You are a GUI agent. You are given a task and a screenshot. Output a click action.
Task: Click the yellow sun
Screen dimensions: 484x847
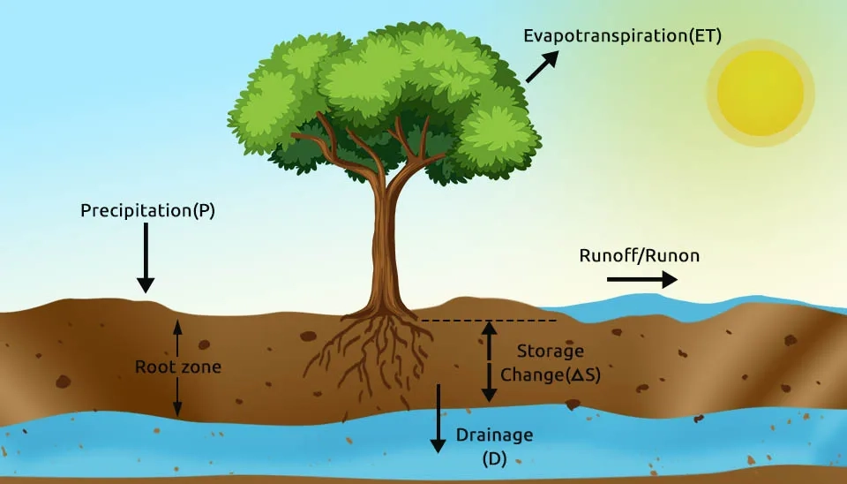[760, 93]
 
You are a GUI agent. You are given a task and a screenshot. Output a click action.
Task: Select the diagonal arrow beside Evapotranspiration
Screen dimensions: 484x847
[542, 67]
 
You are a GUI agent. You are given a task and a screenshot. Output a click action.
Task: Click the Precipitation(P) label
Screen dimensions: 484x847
[147, 211]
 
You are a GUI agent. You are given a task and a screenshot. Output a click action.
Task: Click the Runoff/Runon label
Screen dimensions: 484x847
[639, 256]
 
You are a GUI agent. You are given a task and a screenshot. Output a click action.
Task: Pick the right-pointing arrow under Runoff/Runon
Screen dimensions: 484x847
[641, 279]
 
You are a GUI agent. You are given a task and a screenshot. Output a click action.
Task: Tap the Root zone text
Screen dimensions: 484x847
[177, 367]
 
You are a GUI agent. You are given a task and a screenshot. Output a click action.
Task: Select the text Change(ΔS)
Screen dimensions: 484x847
[551, 374]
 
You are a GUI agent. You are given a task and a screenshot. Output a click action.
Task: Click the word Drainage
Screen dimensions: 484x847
[494, 435]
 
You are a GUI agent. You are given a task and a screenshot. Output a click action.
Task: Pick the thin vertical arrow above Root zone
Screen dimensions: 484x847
[177, 337]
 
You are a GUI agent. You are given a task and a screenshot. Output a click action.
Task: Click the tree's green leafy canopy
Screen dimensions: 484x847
[388, 88]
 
